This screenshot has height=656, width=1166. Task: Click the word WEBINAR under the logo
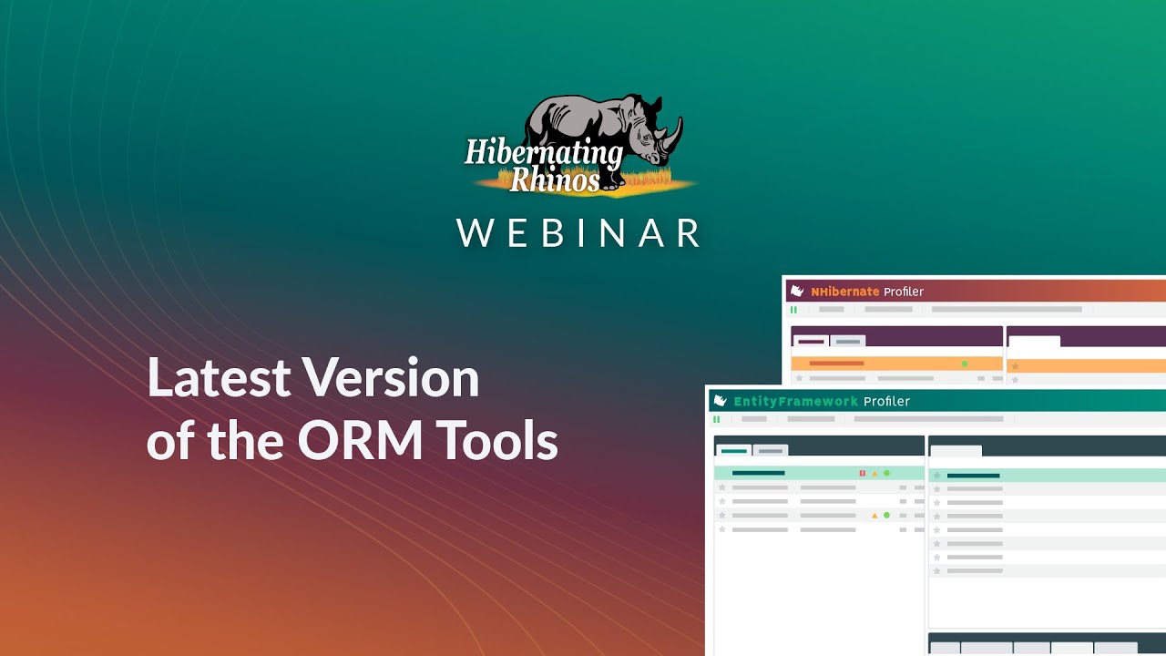[x=579, y=233]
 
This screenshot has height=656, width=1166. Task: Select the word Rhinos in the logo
[x=554, y=179]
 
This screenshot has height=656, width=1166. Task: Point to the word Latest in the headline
[x=219, y=377]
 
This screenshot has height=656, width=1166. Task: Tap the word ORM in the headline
[x=361, y=441]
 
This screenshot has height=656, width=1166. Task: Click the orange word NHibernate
[x=844, y=292]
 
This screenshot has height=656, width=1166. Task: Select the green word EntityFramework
[x=795, y=401]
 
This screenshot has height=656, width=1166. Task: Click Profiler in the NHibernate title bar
[x=904, y=292]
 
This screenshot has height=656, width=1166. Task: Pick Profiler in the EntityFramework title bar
[x=886, y=401]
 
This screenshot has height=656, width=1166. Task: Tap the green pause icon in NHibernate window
[x=793, y=310]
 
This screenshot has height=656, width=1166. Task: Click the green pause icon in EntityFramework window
[x=716, y=419]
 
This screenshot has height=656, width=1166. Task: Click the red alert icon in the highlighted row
[x=862, y=474]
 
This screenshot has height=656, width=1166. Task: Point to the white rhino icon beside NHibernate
[x=797, y=292]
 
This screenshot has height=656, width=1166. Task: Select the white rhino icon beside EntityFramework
[x=720, y=401]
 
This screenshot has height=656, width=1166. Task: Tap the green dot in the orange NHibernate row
[x=965, y=364]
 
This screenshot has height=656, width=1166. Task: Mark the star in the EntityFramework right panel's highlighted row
[x=936, y=476]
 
